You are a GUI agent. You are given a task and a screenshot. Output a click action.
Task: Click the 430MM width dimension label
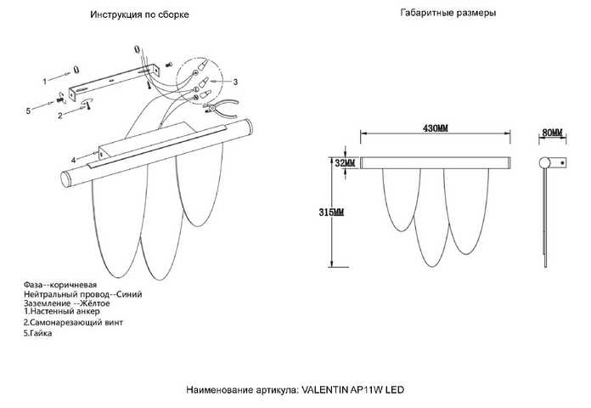pos(436,128)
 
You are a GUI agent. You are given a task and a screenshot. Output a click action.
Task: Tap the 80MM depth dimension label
pos(552,133)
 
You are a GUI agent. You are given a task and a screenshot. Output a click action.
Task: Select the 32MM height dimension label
pos(345,163)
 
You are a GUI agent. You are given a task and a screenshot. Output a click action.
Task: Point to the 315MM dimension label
pos(331,212)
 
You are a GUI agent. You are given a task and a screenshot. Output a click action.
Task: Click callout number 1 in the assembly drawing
pos(45,81)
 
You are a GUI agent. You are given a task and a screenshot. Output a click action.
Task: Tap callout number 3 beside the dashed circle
pos(235,82)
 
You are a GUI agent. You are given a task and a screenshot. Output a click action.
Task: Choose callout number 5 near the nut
pos(28,111)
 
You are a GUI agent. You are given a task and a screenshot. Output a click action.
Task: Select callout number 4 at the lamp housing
pos(74,160)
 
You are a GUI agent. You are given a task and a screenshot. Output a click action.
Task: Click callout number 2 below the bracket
pos(60,116)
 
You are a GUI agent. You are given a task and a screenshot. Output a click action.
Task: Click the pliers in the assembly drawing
pos(222,107)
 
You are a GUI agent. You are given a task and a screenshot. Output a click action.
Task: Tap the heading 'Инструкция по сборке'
pos(139,14)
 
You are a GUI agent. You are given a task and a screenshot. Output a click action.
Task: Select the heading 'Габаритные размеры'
pos(448,13)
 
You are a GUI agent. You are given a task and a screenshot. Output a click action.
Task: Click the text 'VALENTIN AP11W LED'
pos(353,389)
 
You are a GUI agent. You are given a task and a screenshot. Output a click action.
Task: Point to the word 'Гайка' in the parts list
pos(41,333)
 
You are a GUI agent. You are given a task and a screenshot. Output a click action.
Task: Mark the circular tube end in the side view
pos(544,163)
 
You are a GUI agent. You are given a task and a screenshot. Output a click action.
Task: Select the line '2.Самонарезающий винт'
pos(73,322)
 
